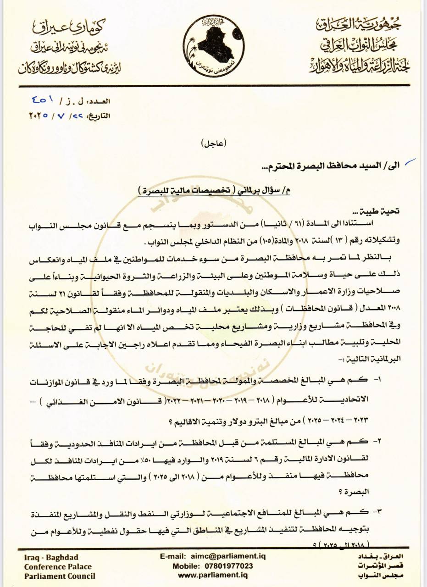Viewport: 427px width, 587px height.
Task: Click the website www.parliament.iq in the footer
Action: pyautogui.click(x=213, y=575)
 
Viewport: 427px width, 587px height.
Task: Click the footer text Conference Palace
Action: pyautogui.click(x=58, y=566)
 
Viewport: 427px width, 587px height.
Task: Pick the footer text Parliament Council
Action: pyautogui.click(x=60, y=576)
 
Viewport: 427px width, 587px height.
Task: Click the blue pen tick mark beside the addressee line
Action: pyautogui.click(x=411, y=161)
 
